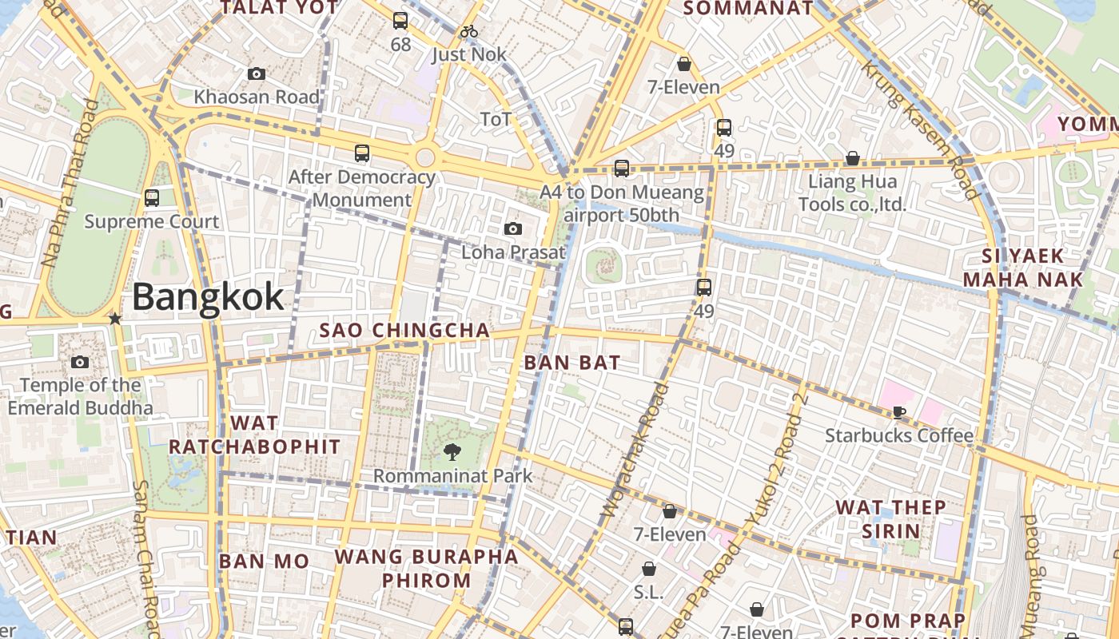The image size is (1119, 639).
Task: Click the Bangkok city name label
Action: [208, 297]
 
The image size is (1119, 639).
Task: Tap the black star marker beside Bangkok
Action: [115, 319]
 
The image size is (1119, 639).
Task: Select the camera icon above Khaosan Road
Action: [257, 74]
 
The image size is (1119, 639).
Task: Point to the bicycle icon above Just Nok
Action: [469, 32]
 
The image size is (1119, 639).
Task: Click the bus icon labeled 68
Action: [400, 21]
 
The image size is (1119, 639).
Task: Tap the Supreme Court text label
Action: [152, 221]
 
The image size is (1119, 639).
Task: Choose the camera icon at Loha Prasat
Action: [513, 229]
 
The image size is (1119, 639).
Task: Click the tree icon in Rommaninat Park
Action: [452, 452]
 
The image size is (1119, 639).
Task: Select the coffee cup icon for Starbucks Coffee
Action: [899, 412]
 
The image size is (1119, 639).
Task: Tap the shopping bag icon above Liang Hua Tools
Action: [853, 158]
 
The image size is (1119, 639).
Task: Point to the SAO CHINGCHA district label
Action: [404, 331]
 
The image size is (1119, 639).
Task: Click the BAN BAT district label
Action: [571, 363]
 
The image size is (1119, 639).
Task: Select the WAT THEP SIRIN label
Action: [890, 519]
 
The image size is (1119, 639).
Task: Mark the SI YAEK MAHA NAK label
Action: [1023, 268]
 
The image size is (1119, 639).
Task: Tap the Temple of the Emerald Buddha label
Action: [80, 396]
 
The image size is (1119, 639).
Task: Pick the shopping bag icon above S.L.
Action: [649, 570]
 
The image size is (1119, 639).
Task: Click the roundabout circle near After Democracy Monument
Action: [425, 157]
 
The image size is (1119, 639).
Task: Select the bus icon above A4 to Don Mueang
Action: [622, 169]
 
